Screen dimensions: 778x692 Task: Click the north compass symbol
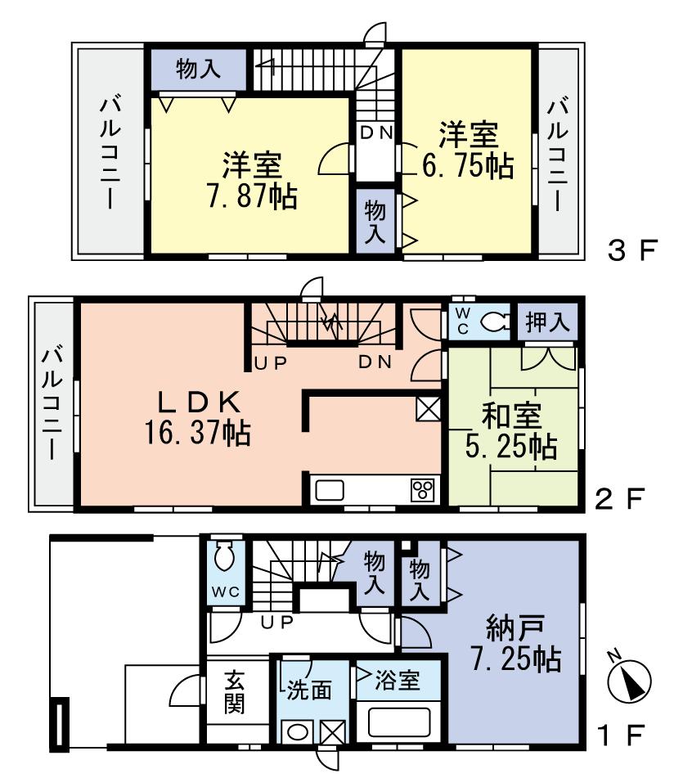click(630, 679)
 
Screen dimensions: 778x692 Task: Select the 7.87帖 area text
click(251, 197)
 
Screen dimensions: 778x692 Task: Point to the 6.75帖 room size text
click(467, 166)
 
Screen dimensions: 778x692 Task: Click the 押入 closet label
click(546, 322)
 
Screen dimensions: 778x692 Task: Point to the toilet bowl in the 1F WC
click(222, 559)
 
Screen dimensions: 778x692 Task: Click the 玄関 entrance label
click(236, 692)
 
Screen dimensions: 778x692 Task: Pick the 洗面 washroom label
click(308, 690)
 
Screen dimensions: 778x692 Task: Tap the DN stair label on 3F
click(376, 131)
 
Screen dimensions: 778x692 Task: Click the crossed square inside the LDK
click(428, 408)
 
